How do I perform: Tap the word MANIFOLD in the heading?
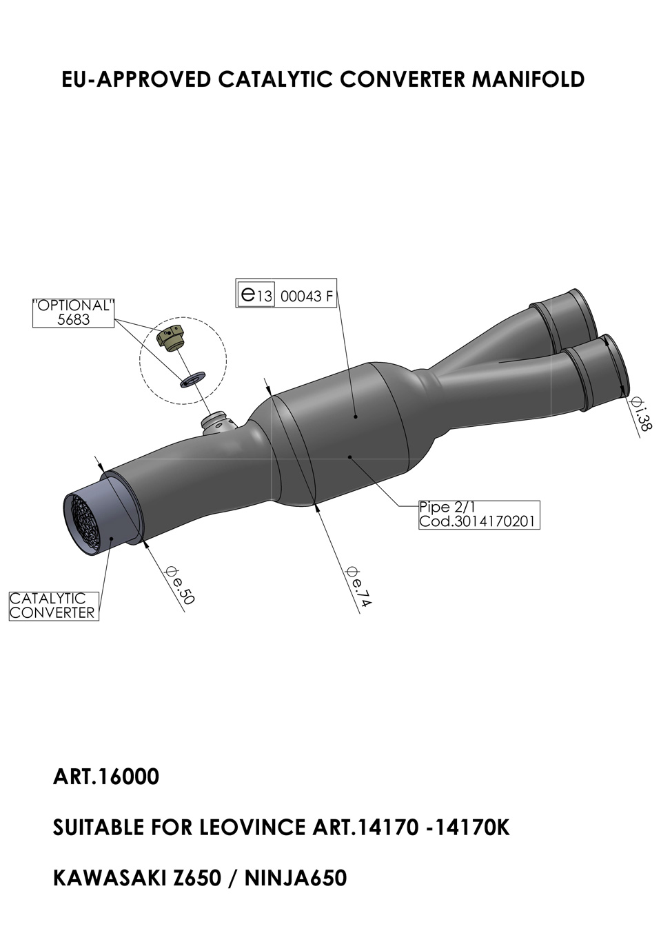[528, 79]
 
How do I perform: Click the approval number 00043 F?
[306, 297]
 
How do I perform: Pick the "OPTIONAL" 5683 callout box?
[74, 313]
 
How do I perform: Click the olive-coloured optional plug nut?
[171, 337]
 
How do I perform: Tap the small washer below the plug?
[192, 379]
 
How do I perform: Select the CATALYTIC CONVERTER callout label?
[54, 606]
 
